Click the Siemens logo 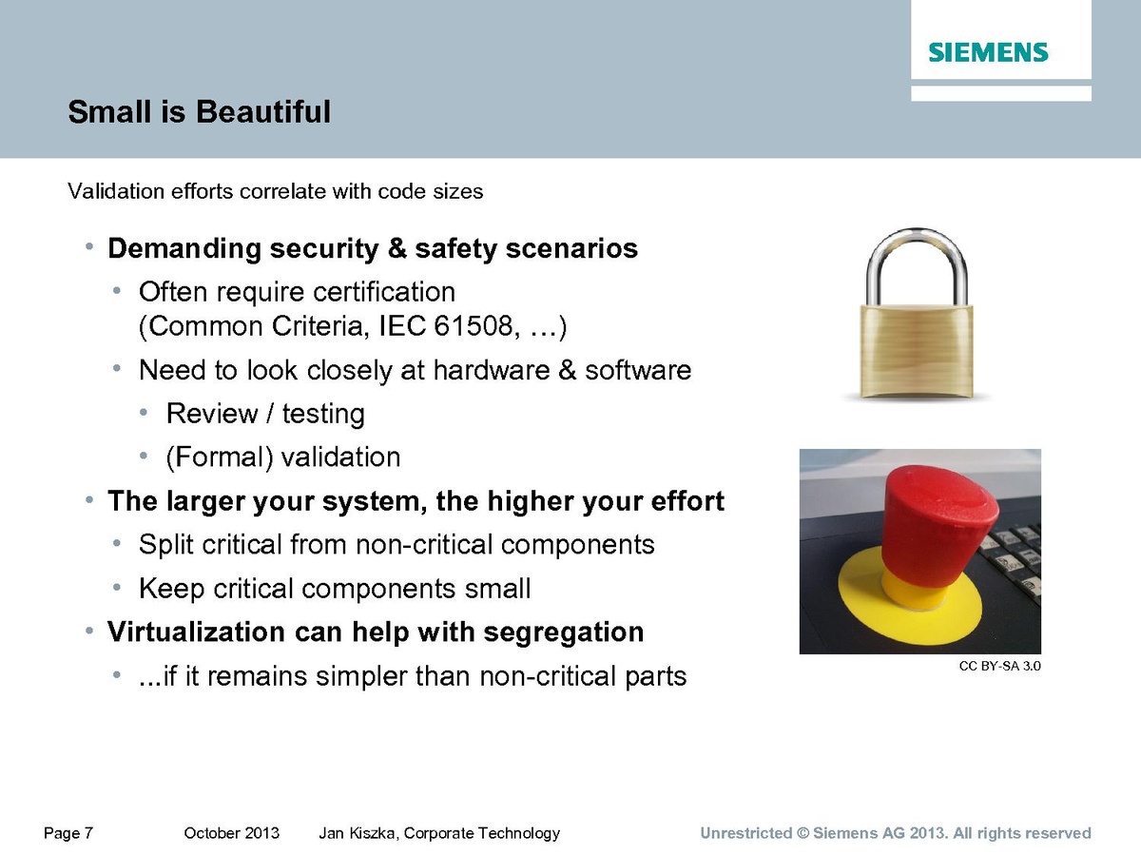tap(988, 52)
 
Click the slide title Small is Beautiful tap(199, 111)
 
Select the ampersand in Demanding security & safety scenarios tap(397, 248)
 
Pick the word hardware tap(492, 370)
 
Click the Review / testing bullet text tap(265, 414)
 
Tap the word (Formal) tap(220, 457)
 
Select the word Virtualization tap(196, 632)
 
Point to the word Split tap(165, 545)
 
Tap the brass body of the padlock tap(917, 351)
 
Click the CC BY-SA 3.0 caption tap(999, 666)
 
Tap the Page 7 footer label tap(68, 834)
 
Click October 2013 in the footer tap(231, 833)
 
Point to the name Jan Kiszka tap(358, 833)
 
